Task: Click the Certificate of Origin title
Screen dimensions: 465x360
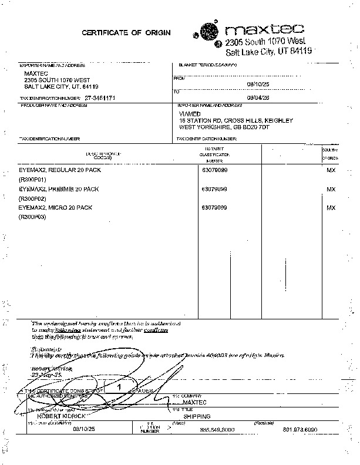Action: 126,33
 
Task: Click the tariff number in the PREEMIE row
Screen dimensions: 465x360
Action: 214,189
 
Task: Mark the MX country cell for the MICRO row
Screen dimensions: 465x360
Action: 331,208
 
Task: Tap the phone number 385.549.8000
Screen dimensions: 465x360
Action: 217,430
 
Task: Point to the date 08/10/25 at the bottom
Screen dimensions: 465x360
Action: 83,429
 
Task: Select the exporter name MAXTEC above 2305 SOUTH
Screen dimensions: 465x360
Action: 35,73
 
